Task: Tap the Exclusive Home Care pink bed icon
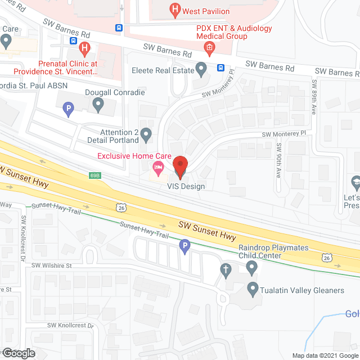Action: [159, 167]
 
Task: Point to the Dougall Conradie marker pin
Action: [98, 105]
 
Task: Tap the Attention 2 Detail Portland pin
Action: [146, 135]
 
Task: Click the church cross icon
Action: [226, 269]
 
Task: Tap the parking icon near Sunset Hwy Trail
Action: [184, 246]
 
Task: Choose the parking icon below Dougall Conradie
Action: [69, 109]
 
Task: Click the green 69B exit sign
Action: [94, 175]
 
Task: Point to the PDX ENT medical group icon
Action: [209, 48]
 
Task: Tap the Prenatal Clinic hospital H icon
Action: [85, 49]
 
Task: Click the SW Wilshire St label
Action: [52, 265]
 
